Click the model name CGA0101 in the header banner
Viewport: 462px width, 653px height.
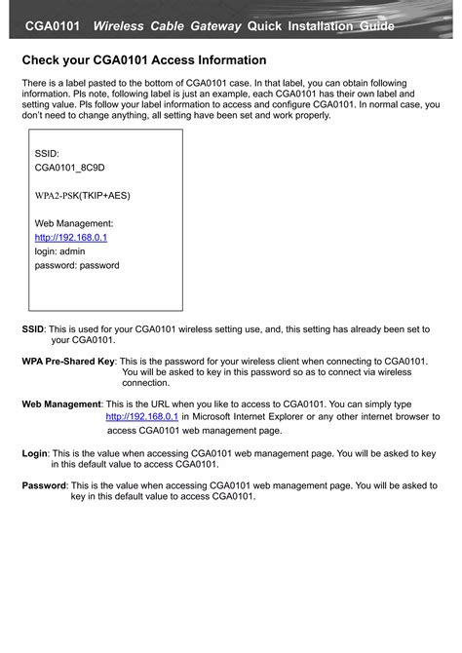click(52, 26)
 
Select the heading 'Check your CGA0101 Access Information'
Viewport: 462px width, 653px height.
click(144, 60)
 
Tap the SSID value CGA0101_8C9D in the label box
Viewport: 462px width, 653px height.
click(69, 168)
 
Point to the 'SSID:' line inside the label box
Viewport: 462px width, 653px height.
click(47, 153)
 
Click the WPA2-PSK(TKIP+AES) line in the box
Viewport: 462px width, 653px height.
click(82, 195)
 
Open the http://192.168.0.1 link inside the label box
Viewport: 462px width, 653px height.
click(71, 237)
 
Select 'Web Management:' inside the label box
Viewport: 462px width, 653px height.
click(74, 223)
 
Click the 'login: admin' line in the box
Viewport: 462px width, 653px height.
click(60, 250)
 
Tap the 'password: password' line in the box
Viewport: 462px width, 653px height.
click(77, 265)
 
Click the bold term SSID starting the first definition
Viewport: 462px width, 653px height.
click(33, 329)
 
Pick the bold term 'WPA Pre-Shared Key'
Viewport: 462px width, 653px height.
click(68, 361)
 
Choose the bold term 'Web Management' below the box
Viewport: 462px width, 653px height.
click(61, 403)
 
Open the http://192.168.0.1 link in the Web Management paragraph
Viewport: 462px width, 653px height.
click(141, 416)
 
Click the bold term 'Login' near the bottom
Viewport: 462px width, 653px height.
click(34, 453)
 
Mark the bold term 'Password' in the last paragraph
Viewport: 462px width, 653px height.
click(44, 484)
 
